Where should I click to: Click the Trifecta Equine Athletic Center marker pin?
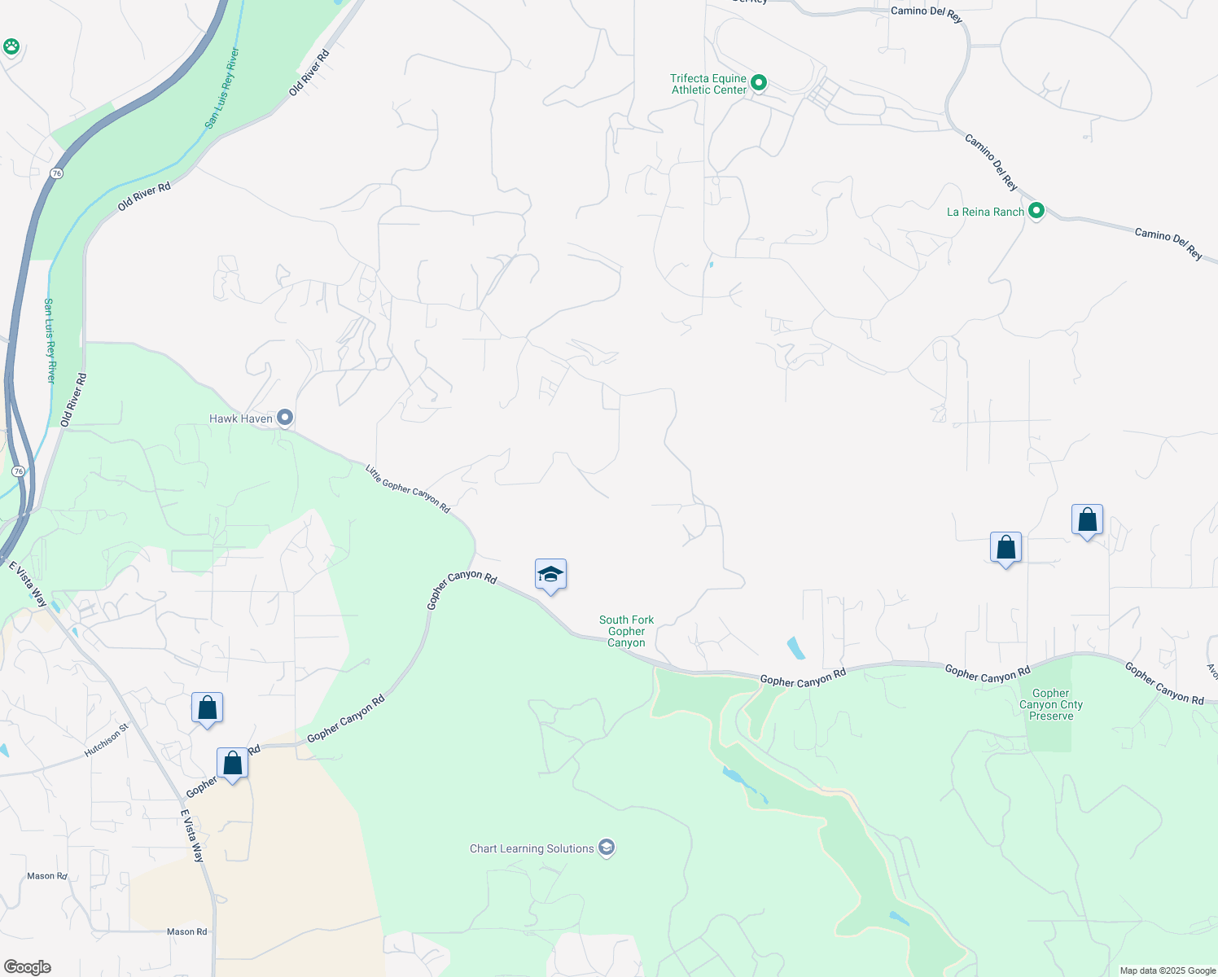click(x=759, y=83)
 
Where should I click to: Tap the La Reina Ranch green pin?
click(x=1036, y=212)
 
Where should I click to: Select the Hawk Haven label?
click(x=241, y=418)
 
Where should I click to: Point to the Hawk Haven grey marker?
click(x=285, y=418)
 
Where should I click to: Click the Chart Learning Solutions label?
click(x=532, y=848)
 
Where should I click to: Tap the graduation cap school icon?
click(x=550, y=575)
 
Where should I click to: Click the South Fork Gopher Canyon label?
click(x=626, y=631)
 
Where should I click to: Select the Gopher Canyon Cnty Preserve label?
click(x=1051, y=704)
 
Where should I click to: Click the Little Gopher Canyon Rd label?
click(x=407, y=488)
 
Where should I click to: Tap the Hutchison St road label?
click(x=107, y=742)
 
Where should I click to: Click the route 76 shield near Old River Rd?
click(x=55, y=173)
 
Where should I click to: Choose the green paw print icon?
click(x=11, y=46)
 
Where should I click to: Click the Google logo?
click(x=28, y=966)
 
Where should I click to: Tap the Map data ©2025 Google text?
click(x=1168, y=970)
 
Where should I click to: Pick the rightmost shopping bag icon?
click(x=1087, y=519)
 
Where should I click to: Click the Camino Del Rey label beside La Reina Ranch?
click(x=991, y=162)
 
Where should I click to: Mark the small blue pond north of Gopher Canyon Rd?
click(x=795, y=648)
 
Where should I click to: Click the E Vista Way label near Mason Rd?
click(x=192, y=836)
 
